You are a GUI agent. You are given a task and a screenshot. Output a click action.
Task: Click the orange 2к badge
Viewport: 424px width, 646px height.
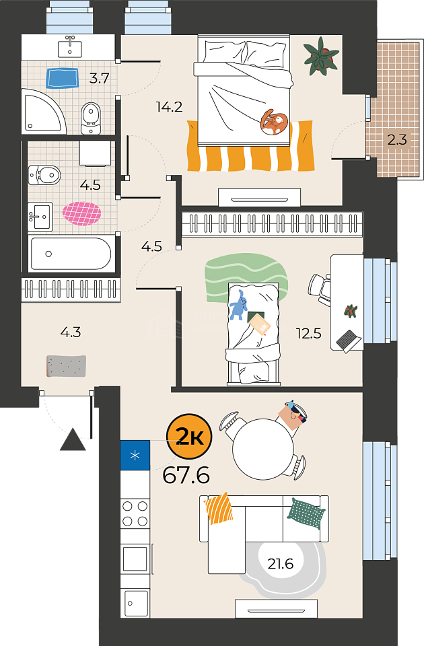pyautogui.click(x=188, y=437)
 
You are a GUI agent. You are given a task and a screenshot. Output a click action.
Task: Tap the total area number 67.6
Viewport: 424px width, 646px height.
pyautogui.click(x=186, y=476)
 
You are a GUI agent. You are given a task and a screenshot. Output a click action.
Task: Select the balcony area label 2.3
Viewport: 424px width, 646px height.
pyautogui.click(x=397, y=140)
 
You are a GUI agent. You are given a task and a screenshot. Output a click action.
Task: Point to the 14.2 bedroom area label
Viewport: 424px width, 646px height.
pyautogui.click(x=169, y=107)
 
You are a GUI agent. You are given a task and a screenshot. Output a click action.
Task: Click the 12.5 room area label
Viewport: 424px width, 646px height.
pyautogui.click(x=309, y=333)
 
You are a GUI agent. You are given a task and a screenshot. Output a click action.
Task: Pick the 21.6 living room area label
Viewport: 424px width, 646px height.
pyautogui.click(x=280, y=563)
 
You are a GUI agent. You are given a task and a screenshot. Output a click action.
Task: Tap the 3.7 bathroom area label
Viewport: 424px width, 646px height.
pyautogui.click(x=100, y=78)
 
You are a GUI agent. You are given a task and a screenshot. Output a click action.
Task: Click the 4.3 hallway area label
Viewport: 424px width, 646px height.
pyautogui.click(x=71, y=332)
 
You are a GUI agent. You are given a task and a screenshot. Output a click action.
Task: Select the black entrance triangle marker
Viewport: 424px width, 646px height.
pyautogui.click(x=73, y=439)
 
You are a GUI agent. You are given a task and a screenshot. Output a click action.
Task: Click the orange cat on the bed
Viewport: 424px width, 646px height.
pyautogui.click(x=274, y=122)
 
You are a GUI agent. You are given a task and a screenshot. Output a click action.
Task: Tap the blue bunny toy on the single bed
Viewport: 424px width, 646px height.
pyautogui.click(x=238, y=306)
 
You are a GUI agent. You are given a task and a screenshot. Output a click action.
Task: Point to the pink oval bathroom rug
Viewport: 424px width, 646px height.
pyautogui.click(x=81, y=213)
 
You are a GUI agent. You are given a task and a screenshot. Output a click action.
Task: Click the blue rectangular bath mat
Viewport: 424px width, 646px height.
pyautogui.click(x=62, y=78)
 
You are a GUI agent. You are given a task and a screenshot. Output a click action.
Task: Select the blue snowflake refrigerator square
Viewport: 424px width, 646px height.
pyautogui.click(x=135, y=456)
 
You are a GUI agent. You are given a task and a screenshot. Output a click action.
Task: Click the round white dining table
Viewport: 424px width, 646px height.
pyautogui.click(x=263, y=449)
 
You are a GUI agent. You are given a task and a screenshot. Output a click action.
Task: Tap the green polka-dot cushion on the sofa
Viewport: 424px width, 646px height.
pyautogui.click(x=306, y=513)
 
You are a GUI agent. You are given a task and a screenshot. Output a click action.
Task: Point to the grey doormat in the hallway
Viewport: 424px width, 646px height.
pyautogui.click(x=66, y=366)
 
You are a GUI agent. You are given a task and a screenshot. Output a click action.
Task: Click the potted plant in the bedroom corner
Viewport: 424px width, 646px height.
pyautogui.click(x=322, y=56)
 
